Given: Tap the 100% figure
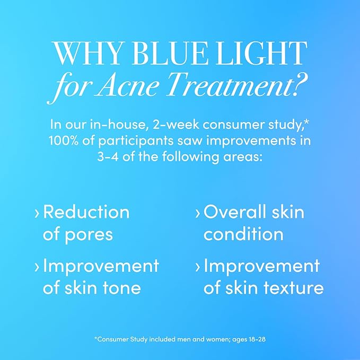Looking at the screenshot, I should click(66, 142).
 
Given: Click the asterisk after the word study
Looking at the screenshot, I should click(306, 122).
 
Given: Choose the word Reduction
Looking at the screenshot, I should click(86, 213).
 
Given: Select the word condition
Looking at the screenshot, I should click(243, 234).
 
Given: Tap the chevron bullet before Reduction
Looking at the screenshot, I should click(37, 214).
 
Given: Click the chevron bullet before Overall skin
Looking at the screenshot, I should click(198, 214).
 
